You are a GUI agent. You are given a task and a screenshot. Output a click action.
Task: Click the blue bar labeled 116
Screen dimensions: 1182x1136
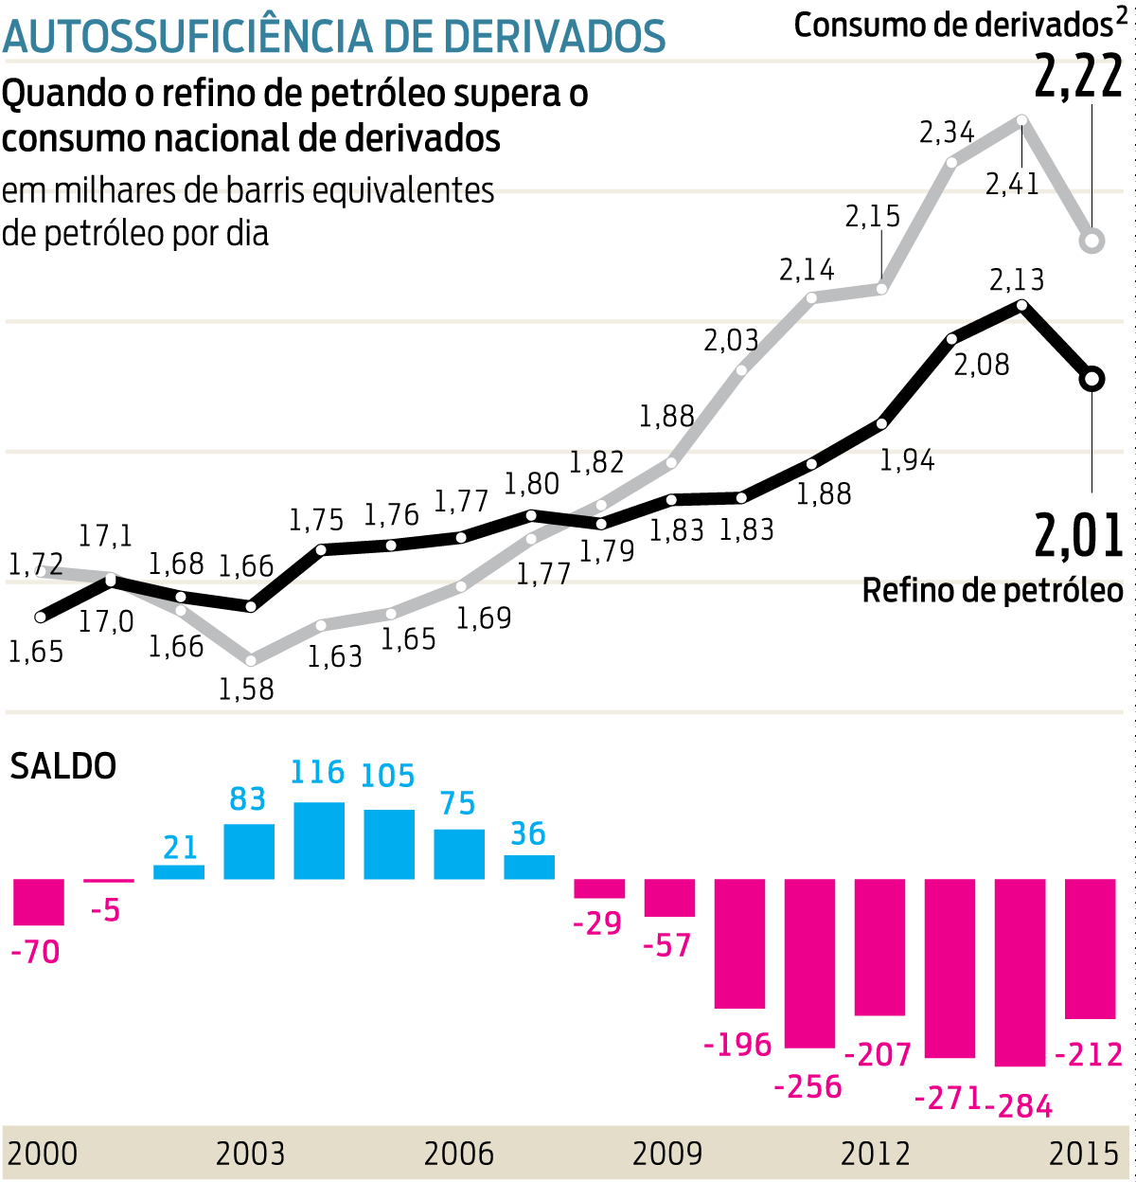coord(319,841)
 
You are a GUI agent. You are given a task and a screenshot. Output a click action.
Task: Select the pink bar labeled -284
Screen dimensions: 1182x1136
coord(1021,972)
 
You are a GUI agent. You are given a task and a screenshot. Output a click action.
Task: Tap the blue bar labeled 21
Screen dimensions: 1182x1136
coord(179,872)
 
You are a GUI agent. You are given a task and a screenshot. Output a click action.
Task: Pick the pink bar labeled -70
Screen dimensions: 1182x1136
coord(39,902)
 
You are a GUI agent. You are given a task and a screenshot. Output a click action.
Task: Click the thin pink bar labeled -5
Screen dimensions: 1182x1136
coord(109,881)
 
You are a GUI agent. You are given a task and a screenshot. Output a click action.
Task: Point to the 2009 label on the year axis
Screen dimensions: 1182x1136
coord(667,1154)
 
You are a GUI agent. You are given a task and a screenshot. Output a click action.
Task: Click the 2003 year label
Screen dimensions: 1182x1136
coord(250,1154)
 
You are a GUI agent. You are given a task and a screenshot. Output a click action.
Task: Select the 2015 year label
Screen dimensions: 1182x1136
coord(1084,1154)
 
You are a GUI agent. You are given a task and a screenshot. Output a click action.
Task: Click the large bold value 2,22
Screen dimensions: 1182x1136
coord(1078,78)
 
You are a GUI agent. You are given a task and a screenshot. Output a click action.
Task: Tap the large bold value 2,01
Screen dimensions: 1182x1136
coord(1078,535)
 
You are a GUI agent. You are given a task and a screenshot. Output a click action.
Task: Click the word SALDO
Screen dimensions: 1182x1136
coord(63,766)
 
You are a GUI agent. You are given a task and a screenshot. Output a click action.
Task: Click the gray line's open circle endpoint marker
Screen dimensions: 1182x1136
coord(1092,241)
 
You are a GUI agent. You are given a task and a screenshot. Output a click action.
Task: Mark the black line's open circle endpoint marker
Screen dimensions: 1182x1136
coord(1092,379)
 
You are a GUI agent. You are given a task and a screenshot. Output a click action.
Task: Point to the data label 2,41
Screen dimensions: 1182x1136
coord(1012,184)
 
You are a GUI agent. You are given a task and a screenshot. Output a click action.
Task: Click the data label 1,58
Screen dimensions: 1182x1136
coord(246,689)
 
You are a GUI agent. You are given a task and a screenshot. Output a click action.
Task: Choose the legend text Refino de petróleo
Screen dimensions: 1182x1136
coord(992,591)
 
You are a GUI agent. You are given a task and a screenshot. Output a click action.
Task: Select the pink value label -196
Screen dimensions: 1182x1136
coord(738,1045)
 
